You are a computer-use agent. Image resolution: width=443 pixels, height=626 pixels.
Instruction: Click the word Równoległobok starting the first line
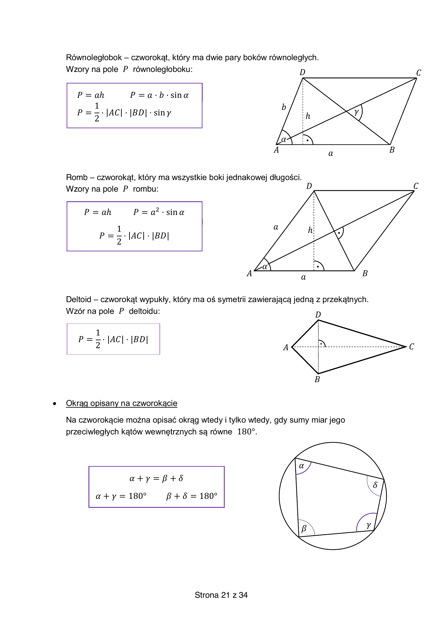[x=94, y=58]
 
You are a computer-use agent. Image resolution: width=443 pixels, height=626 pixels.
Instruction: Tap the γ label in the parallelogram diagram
[x=356, y=112]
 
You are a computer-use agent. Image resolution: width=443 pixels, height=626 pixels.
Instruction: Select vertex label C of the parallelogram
[x=418, y=73]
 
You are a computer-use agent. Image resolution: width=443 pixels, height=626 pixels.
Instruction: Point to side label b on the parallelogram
[x=284, y=107]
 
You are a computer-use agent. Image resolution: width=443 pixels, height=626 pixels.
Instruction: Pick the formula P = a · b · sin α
[x=159, y=95]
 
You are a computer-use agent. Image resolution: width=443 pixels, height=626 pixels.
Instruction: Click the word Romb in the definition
[x=77, y=177]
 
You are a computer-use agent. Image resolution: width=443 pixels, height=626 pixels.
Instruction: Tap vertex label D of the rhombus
[x=309, y=186]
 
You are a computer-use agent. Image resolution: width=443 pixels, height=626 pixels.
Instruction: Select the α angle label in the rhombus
[x=265, y=267]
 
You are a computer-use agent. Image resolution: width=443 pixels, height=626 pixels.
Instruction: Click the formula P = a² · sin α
[x=159, y=212]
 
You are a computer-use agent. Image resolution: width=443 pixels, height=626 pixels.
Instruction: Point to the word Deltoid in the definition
[x=79, y=299]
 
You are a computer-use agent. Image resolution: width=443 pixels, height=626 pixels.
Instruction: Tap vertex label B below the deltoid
[x=317, y=380]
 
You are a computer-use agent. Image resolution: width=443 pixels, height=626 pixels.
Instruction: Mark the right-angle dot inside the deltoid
[x=321, y=344]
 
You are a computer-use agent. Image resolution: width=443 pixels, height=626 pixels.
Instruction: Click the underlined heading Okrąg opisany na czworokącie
[x=122, y=403]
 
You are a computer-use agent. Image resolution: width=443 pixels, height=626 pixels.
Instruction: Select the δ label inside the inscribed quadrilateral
[x=375, y=485]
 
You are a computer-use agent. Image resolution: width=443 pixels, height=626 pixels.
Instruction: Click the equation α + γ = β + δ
[x=156, y=478]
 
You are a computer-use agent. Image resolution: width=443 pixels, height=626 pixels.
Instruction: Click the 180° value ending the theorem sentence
[x=246, y=432]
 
